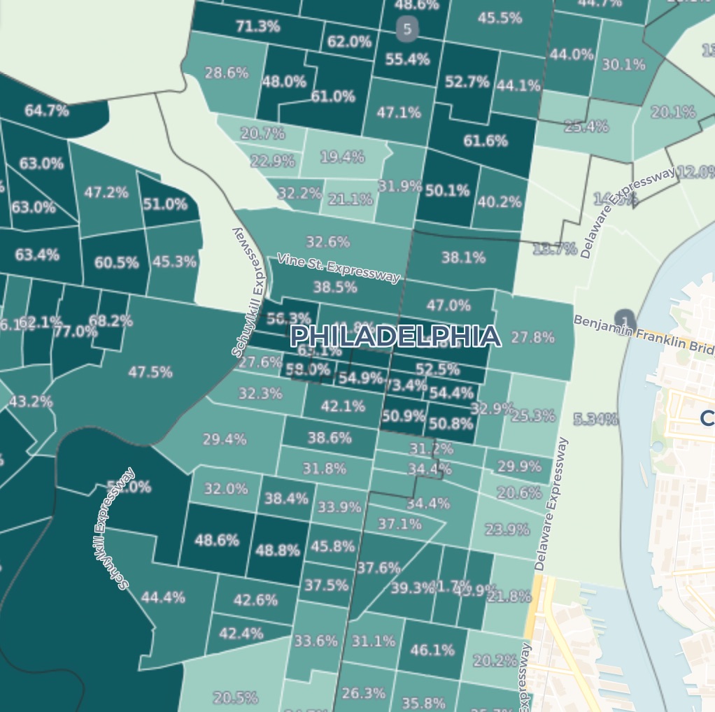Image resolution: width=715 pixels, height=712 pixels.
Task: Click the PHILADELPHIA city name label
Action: (395, 336)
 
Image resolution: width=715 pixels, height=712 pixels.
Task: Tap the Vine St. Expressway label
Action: (339, 267)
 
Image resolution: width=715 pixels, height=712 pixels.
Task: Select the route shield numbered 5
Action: (407, 29)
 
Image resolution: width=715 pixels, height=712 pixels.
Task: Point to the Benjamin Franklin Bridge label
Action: (644, 334)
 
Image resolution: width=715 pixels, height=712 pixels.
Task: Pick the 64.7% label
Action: (46, 110)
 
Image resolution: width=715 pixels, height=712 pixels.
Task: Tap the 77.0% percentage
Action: (76, 331)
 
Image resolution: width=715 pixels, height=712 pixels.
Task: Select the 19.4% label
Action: (342, 157)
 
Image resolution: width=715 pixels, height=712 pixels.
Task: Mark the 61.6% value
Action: (485, 141)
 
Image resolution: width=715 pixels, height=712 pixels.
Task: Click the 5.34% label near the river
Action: (595, 419)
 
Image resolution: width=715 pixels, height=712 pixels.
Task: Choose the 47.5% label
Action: (150, 372)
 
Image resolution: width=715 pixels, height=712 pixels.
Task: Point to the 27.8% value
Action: (532, 337)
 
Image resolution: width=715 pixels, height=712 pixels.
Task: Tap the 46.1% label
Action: (432, 650)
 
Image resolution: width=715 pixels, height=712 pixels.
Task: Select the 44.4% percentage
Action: (163, 597)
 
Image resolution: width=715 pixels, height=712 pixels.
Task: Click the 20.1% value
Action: (673, 112)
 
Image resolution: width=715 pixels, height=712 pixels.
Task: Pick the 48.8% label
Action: (277, 550)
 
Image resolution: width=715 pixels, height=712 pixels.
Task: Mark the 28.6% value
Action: (226, 72)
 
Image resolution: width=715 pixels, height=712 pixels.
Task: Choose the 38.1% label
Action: (463, 257)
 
